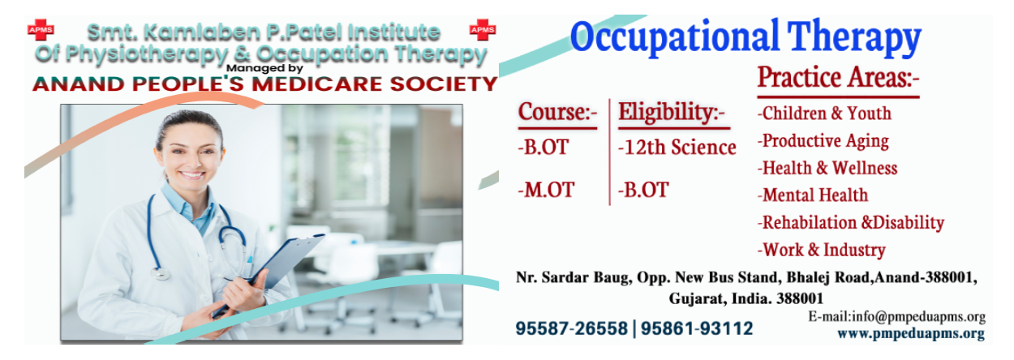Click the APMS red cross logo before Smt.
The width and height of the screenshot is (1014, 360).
(x=41, y=30)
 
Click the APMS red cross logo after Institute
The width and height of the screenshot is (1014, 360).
(x=483, y=30)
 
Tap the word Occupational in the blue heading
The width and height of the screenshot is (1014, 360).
(x=674, y=37)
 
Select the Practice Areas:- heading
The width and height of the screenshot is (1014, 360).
(x=838, y=77)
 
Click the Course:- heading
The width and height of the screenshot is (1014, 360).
(x=558, y=111)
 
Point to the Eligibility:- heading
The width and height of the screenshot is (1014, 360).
(x=672, y=112)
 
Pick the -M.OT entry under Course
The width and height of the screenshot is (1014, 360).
(x=547, y=190)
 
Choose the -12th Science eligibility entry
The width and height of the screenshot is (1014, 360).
(x=677, y=148)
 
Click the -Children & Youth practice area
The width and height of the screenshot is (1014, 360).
(x=824, y=113)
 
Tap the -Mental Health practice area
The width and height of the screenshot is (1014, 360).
(x=813, y=195)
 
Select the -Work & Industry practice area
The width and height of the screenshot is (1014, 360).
(x=822, y=250)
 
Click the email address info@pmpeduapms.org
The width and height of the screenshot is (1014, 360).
(x=918, y=317)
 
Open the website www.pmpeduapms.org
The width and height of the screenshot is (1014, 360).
(x=911, y=334)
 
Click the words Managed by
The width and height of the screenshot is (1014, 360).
(x=264, y=69)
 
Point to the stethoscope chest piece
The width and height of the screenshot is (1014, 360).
(x=161, y=273)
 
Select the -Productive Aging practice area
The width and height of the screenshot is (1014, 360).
(x=823, y=141)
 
